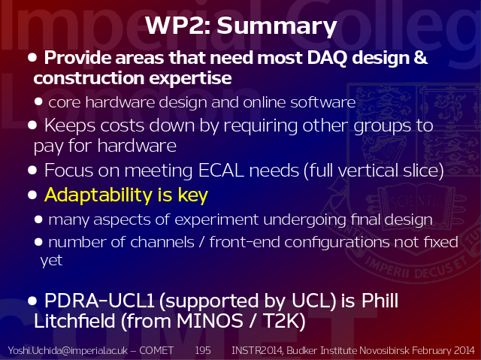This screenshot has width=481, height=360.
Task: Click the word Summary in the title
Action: click(277, 26)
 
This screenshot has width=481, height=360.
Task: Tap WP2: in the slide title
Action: click(178, 25)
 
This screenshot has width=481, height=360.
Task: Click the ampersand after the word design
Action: click(420, 57)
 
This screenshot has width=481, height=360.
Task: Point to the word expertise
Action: click(190, 78)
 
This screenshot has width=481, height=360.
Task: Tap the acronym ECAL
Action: click(221, 170)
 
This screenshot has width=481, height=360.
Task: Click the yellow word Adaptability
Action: click(98, 195)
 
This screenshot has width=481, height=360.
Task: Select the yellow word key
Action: click(193, 195)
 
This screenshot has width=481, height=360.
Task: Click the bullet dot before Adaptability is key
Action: click(32, 195)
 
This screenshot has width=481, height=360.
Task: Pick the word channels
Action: click(162, 242)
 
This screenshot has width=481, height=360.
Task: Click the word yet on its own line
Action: click(51, 261)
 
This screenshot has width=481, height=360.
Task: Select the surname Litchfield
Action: click(74, 321)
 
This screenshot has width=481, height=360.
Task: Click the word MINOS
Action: click(210, 322)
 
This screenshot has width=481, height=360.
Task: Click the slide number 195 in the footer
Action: click(203, 350)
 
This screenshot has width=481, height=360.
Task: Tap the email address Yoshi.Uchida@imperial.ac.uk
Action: click(68, 350)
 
